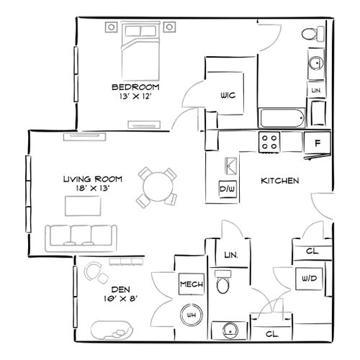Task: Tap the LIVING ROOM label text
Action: [x=92, y=179]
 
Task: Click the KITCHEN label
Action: [x=279, y=181]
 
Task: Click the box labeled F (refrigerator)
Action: [x=317, y=142]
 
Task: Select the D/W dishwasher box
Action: [x=228, y=189]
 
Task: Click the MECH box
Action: [x=191, y=284]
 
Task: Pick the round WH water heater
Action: [x=192, y=315]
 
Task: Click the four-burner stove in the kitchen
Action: [x=271, y=142]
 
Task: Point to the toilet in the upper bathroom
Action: [x=310, y=33]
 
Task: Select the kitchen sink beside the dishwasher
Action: [x=228, y=166]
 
